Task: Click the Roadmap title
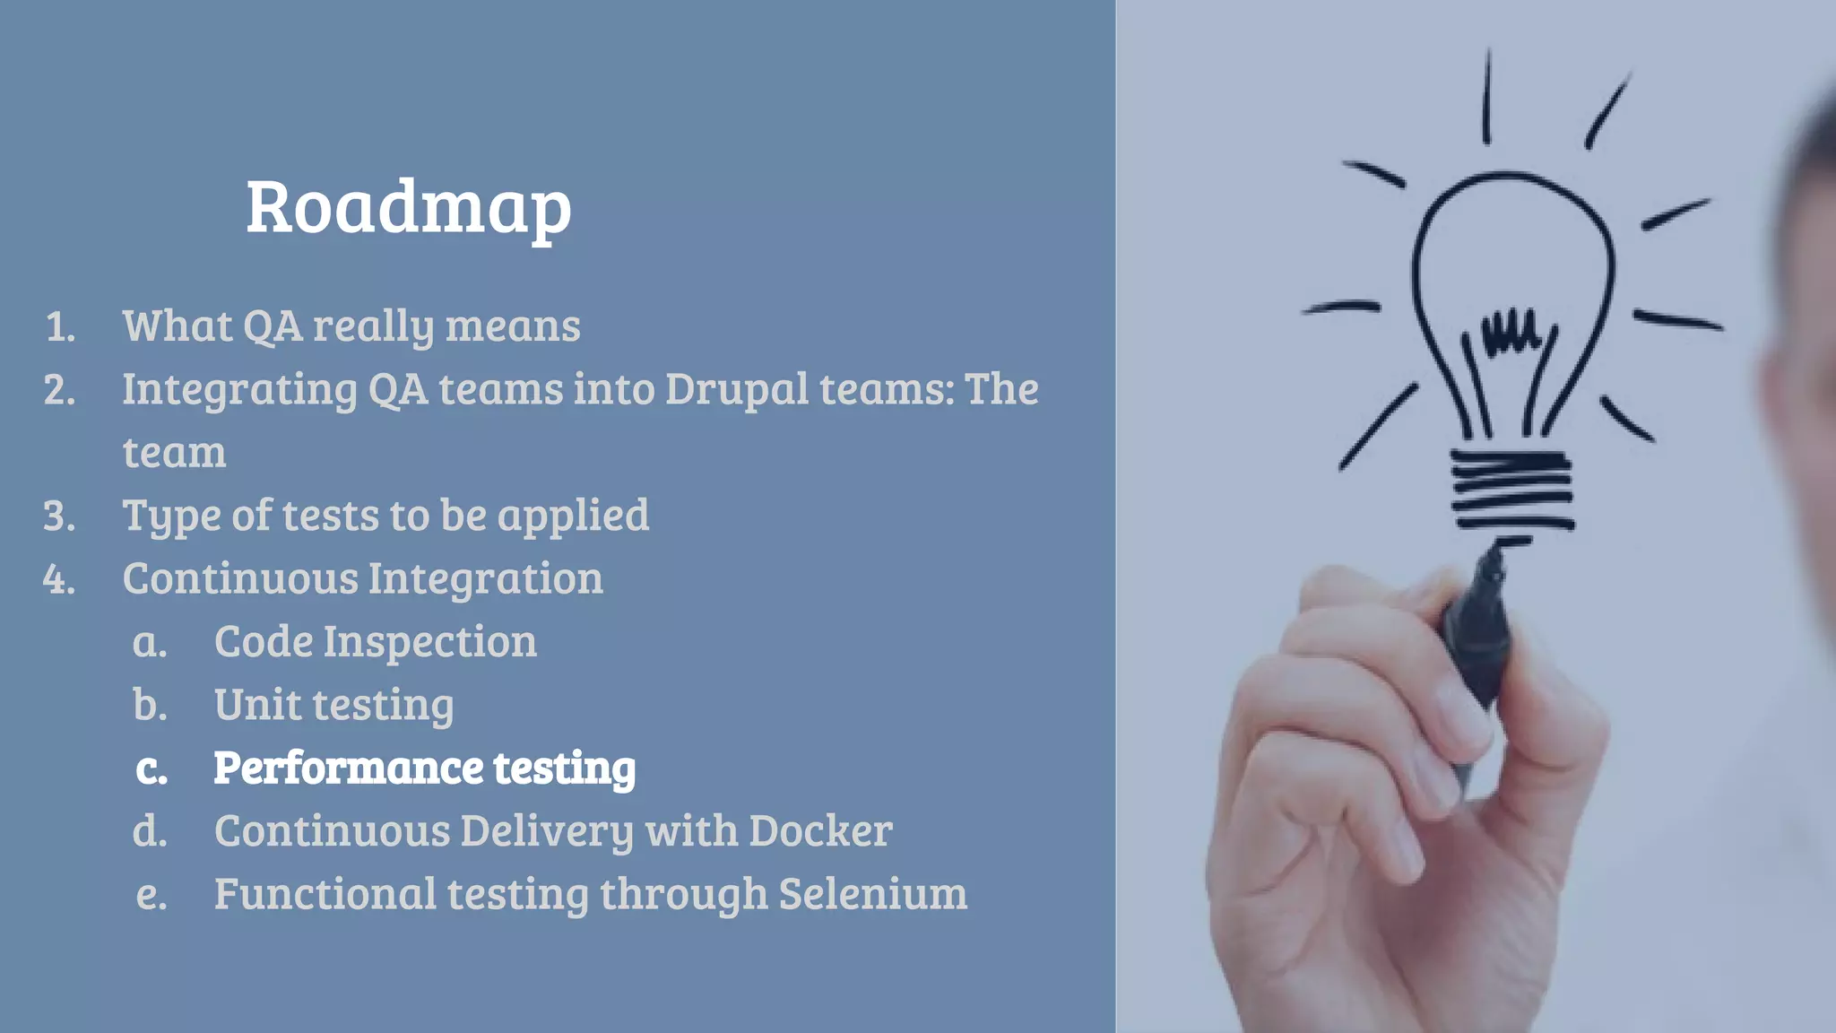coord(408,208)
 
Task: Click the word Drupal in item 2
coord(737,390)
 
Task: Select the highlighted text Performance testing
coord(424,768)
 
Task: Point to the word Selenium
coord(872,894)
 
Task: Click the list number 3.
coord(59,516)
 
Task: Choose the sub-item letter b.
coord(150,706)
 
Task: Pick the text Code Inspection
coord(375,642)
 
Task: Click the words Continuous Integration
coord(362,579)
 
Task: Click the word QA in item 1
coord(273,326)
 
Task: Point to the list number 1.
coord(59,327)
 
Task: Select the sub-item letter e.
coord(151,895)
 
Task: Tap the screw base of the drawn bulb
coord(1511,490)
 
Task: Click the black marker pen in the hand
coord(1479,628)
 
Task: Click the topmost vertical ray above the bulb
coord(1487,97)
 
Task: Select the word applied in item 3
coord(573,516)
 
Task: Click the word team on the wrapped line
coord(174,453)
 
